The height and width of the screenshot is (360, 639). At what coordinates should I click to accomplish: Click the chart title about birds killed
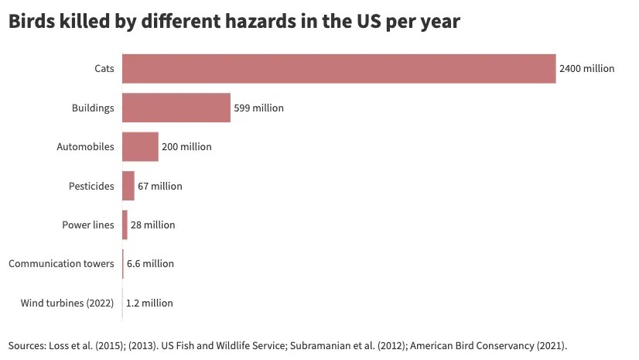(234, 22)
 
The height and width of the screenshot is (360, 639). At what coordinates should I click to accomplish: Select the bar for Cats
(339, 69)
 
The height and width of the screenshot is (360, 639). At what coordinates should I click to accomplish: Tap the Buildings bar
(176, 108)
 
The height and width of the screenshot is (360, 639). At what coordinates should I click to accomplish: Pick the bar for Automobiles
(140, 146)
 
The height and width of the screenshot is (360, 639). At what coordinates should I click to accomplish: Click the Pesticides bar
(128, 186)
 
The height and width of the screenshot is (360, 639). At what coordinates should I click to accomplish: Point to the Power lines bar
(125, 225)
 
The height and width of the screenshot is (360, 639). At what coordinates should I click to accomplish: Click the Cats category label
(104, 69)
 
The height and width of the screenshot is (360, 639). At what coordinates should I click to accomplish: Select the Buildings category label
(93, 108)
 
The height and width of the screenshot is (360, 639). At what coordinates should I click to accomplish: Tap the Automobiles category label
(86, 146)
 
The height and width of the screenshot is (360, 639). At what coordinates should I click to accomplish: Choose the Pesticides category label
(92, 186)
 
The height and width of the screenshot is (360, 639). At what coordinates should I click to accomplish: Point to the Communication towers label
(61, 263)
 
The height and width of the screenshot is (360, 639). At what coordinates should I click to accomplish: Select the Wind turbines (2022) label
(67, 303)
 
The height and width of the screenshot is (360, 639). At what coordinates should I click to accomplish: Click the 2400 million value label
(586, 69)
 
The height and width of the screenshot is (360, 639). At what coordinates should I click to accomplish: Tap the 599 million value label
(258, 108)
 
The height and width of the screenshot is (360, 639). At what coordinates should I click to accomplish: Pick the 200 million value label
(186, 146)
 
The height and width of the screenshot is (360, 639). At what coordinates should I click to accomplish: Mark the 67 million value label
(160, 186)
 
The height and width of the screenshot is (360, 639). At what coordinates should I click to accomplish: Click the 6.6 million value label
(150, 263)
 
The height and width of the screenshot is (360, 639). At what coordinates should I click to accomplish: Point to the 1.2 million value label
(149, 303)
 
